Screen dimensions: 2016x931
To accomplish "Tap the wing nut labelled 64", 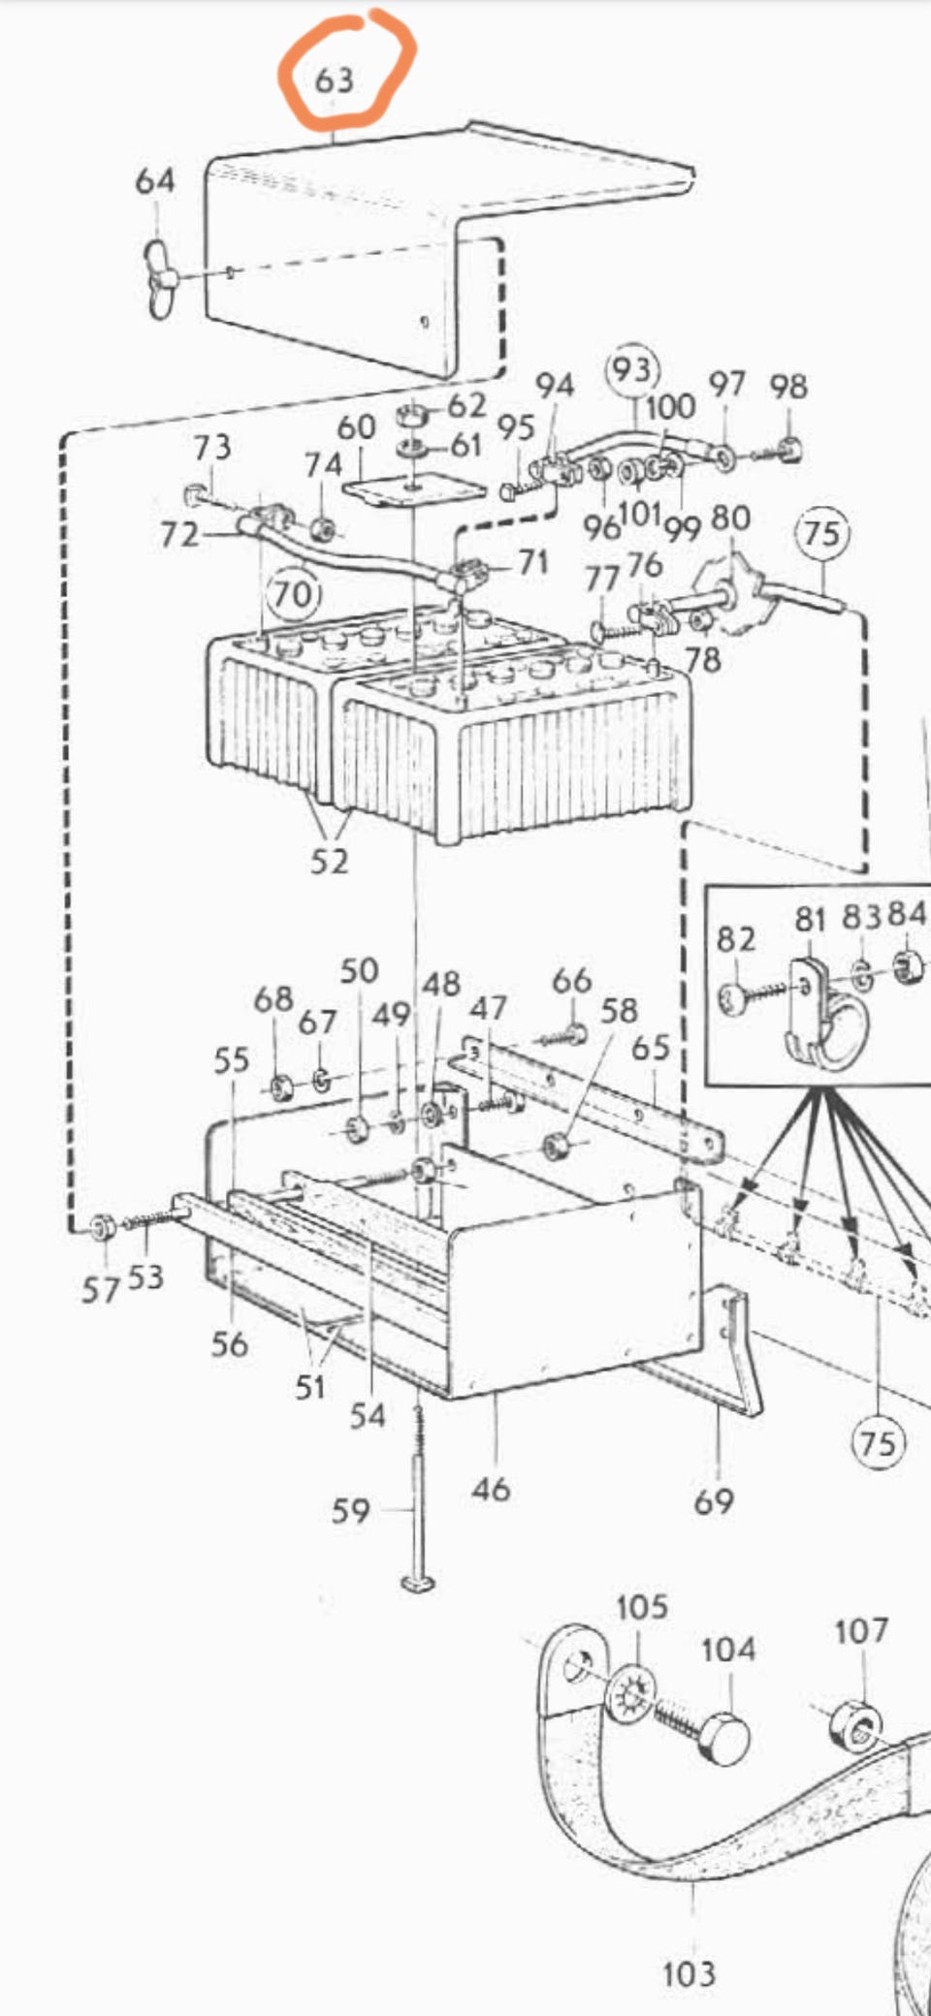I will [x=160, y=280].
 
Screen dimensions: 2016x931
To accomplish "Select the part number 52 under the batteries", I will [x=329, y=861].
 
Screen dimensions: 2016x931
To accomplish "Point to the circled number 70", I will [x=293, y=592].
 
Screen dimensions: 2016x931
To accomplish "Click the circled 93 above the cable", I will [x=631, y=369].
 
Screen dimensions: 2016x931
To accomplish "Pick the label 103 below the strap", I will [x=689, y=1972].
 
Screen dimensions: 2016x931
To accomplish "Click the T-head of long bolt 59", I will [x=417, y=1583].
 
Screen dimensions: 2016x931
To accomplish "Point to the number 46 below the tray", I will [x=491, y=1488].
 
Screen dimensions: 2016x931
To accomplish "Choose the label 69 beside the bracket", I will [x=714, y=1501].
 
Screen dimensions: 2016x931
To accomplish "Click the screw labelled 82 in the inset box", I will [x=736, y=999].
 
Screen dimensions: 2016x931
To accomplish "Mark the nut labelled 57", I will [x=101, y=1228].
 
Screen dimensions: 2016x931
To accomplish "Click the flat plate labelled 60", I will [x=414, y=489].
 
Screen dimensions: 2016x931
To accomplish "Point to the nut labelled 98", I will [x=790, y=448].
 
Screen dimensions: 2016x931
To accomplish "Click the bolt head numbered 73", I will [x=193, y=495].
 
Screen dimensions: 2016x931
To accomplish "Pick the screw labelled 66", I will [x=573, y=1036].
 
